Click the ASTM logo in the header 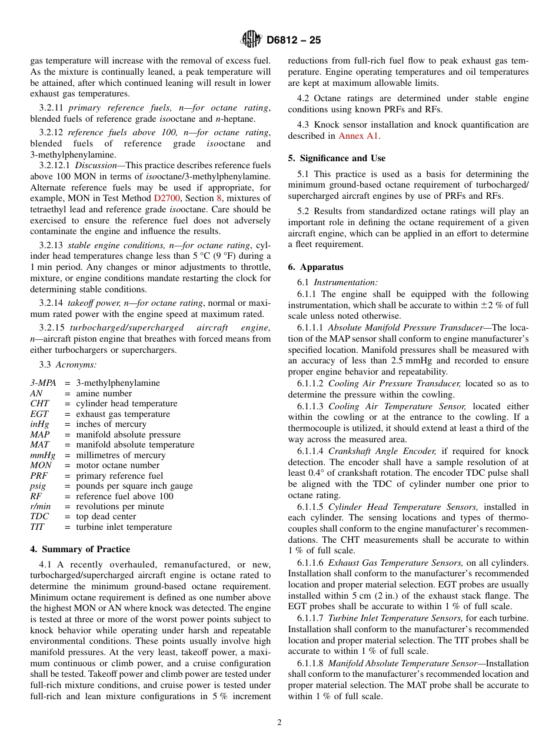click(x=252, y=40)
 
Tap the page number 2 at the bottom click(x=279, y=723)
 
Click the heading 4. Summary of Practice click(x=80, y=549)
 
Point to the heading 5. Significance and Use click(x=337, y=158)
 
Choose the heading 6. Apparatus click(x=315, y=267)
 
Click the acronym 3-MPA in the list click(x=43, y=383)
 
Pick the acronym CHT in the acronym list click(x=39, y=403)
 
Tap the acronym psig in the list click(x=38, y=486)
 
